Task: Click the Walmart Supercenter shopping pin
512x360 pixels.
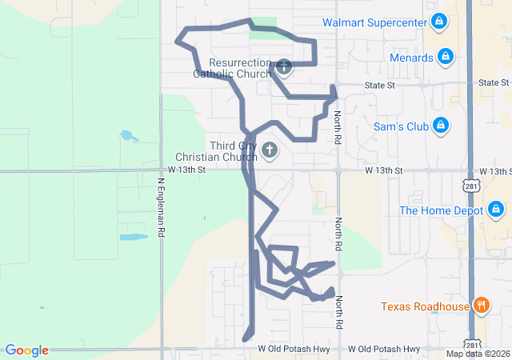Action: click(438, 22)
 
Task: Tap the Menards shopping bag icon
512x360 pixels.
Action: click(446, 58)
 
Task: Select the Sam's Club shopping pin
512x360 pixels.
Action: click(439, 126)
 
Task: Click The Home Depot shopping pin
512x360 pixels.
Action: click(496, 210)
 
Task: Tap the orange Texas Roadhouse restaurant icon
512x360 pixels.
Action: click(481, 305)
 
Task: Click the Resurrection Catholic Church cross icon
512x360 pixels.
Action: click(283, 65)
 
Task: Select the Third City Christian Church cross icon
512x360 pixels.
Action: click(270, 150)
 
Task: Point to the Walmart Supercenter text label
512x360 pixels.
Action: click(374, 22)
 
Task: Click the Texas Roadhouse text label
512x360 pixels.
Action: click(425, 306)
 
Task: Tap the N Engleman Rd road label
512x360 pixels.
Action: click(161, 207)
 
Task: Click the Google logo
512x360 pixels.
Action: click(26, 350)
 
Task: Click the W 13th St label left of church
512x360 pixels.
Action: click(187, 170)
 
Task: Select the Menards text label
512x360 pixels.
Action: click(411, 58)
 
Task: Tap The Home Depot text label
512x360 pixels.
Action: click(441, 210)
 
